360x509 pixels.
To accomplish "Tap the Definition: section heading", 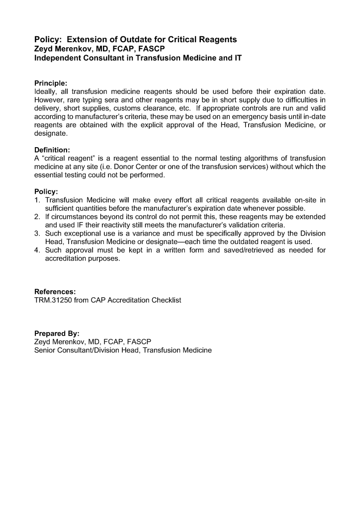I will tap(52, 149).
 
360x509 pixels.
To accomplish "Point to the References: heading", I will tap(55, 292).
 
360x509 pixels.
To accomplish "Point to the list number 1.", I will tap(37, 200).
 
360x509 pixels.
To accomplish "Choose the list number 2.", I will tap(37, 217).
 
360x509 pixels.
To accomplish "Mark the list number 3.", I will tap(37, 233).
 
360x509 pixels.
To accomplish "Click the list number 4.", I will tap(37, 250).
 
